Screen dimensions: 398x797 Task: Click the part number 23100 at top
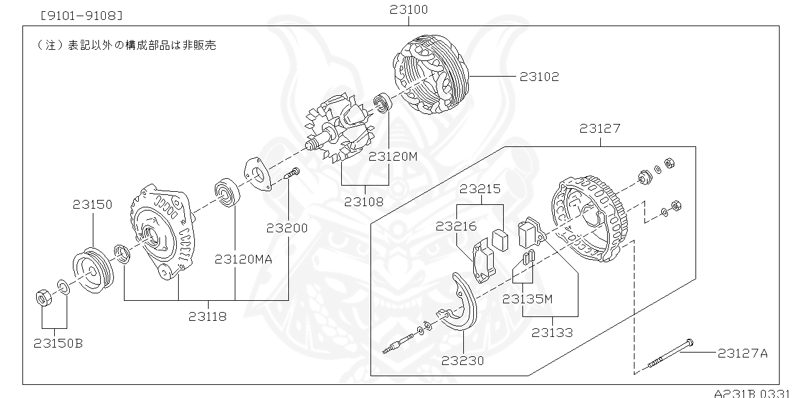point(409,10)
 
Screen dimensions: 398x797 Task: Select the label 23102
point(539,77)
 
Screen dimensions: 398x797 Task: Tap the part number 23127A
point(742,353)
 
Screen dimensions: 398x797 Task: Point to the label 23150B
point(58,343)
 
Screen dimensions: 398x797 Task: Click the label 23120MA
point(243,259)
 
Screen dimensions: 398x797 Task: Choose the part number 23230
point(463,360)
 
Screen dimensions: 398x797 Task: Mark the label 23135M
point(527,298)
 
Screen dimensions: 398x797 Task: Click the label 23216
point(456,227)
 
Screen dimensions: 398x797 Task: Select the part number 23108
point(364,202)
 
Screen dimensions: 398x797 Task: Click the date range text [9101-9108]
point(80,14)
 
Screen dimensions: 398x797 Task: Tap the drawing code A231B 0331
point(754,393)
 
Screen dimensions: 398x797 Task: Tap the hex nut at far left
point(44,298)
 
